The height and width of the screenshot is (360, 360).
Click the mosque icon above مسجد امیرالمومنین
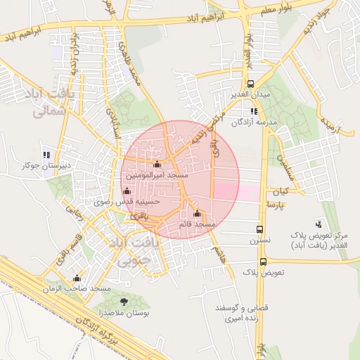tap(157, 165)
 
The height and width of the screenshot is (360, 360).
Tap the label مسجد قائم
tap(197, 224)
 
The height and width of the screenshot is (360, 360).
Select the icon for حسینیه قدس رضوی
tap(127, 191)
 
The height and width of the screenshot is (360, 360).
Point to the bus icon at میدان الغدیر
tap(251, 84)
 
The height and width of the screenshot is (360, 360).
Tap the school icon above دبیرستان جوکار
tap(46, 155)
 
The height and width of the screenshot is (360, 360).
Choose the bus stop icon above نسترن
tap(260, 230)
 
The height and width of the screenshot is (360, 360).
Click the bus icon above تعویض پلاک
tap(262, 262)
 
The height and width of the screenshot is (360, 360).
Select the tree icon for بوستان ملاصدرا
tap(124, 302)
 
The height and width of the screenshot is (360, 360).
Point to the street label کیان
tap(282, 191)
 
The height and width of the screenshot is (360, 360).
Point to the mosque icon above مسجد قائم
tap(197, 214)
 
